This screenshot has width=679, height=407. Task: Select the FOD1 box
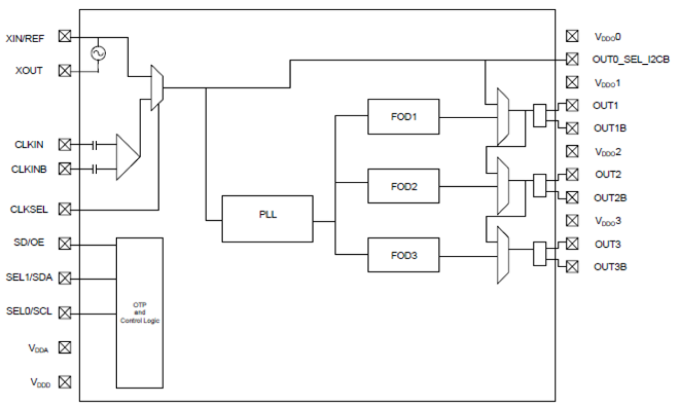tap(403, 117)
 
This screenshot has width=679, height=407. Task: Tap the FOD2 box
tap(403, 186)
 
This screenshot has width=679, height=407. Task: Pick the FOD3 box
tap(403, 255)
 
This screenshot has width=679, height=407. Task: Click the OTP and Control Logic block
tap(139, 313)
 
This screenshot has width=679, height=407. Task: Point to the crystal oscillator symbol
tap(98, 53)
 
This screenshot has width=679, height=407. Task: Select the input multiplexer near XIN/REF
tap(157, 88)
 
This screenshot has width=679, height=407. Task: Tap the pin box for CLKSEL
tap(64, 208)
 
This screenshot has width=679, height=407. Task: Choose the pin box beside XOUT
tap(64, 71)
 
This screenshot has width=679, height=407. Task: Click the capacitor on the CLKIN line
tap(95, 145)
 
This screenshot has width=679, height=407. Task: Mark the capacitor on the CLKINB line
tap(95, 169)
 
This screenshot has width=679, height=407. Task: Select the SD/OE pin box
tap(64, 243)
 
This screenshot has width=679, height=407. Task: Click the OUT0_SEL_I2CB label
tap(630, 59)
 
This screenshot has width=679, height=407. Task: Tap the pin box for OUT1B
tap(572, 128)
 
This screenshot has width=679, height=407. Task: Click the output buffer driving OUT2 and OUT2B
tap(539, 185)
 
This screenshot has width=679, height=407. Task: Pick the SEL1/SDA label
tap(29, 277)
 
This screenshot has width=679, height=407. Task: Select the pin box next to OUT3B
tap(572, 266)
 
